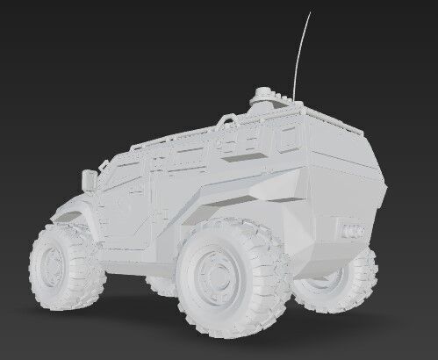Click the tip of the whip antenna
click(309, 12)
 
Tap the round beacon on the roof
click(263, 93)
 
